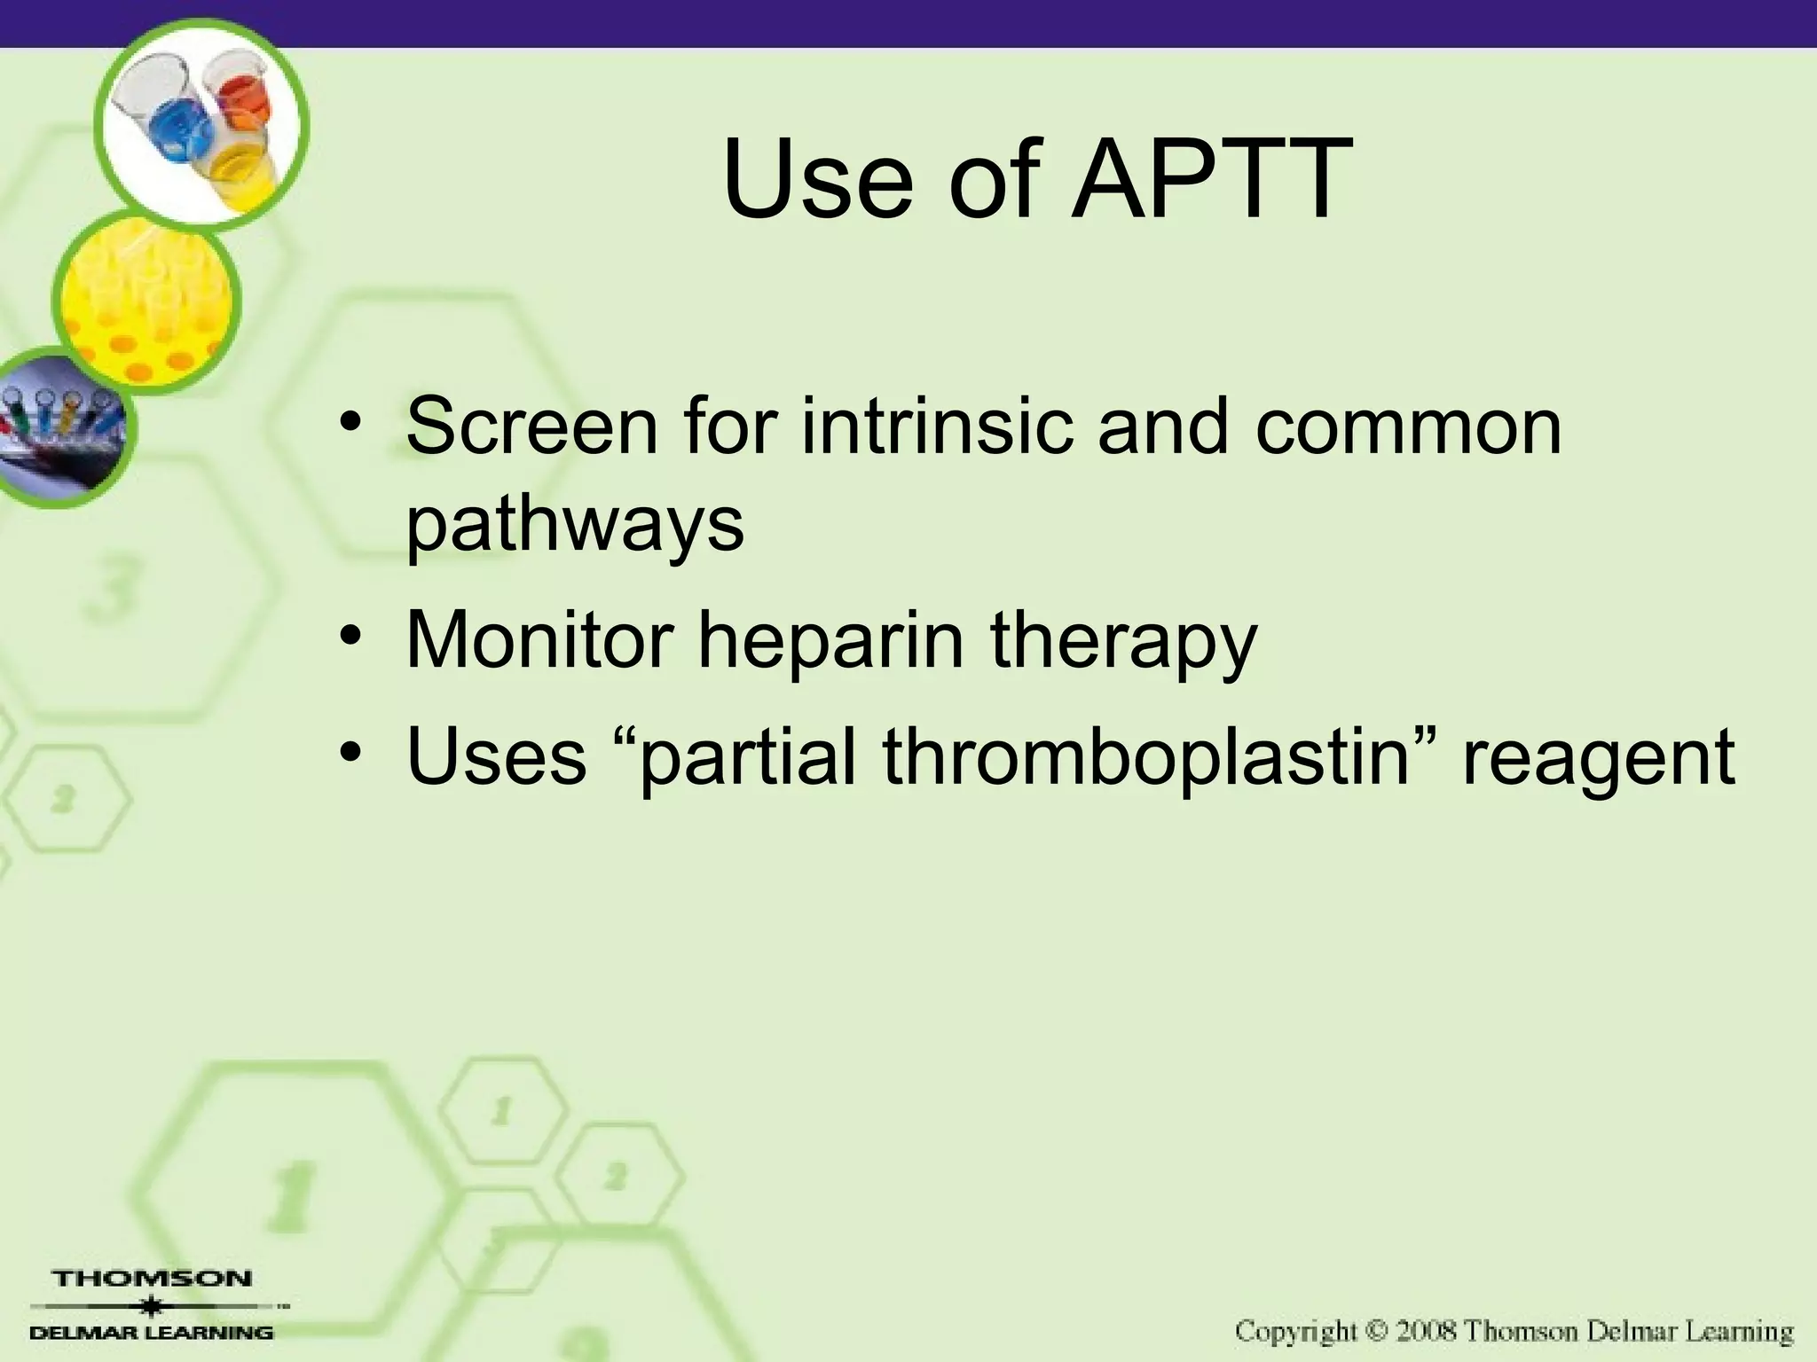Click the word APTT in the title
[x=1212, y=181]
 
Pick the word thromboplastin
[x=1145, y=759]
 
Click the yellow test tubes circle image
[x=146, y=301]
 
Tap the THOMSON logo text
[x=153, y=1279]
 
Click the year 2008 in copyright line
[x=1422, y=1332]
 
